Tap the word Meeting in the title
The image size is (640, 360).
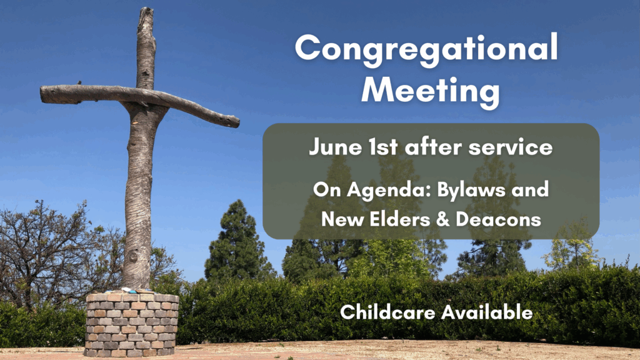430,91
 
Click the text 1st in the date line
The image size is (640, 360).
383,147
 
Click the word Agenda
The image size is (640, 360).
389,191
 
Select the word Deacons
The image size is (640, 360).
498,219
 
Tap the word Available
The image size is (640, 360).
487,312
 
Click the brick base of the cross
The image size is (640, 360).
131,324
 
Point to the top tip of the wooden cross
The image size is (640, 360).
146,8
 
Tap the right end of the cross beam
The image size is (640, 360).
237,121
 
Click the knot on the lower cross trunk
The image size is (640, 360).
133,257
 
